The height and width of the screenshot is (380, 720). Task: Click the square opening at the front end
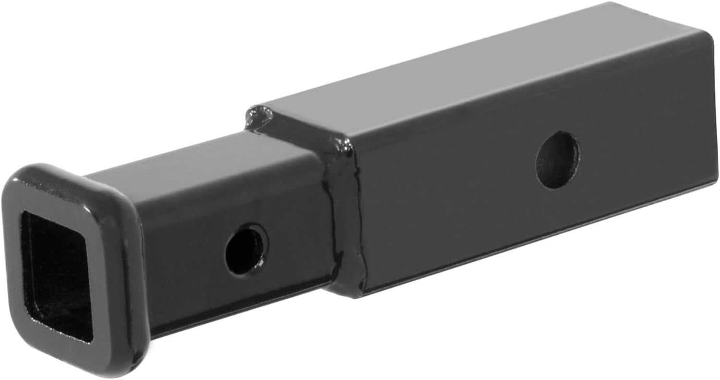click(x=57, y=273)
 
